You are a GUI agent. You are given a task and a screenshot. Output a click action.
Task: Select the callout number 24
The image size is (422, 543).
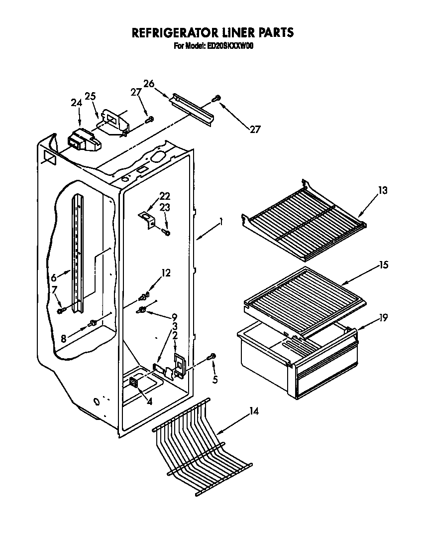pos(76,103)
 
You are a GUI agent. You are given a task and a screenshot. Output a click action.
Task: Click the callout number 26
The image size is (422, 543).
pos(149,83)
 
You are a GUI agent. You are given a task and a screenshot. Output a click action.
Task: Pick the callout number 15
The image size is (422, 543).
pos(383,265)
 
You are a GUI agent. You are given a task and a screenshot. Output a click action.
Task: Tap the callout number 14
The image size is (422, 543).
pos(254,412)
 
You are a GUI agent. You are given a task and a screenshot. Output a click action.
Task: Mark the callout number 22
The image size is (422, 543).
pos(165,196)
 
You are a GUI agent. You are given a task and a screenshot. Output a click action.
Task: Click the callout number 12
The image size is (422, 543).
pos(166,272)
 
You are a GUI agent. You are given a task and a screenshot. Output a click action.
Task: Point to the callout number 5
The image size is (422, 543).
pos(214,380)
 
